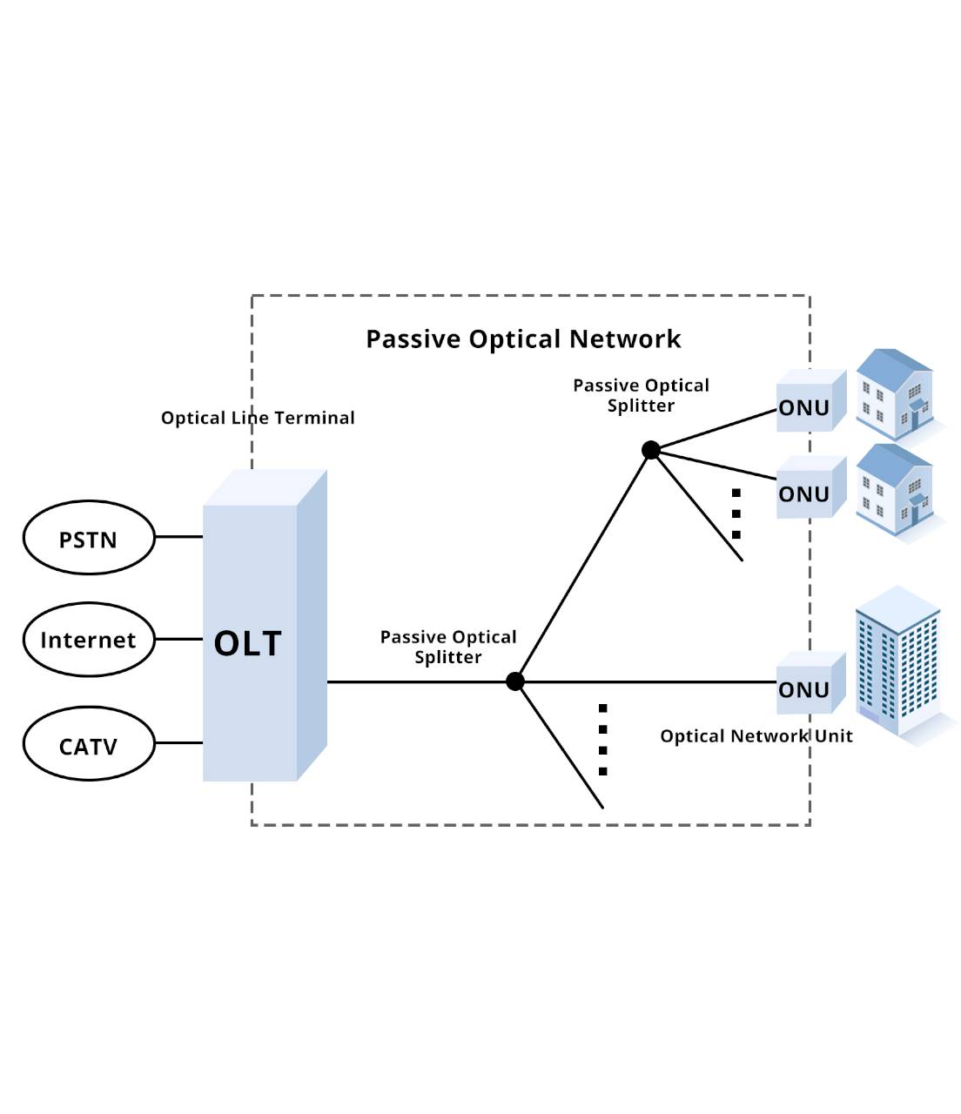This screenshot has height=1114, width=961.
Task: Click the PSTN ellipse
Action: (x=88, y=538)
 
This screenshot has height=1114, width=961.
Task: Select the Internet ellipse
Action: (x=88, y=640)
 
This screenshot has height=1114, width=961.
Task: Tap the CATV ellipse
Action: (x=88, y=745)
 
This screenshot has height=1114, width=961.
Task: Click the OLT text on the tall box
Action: (x=248, y=644)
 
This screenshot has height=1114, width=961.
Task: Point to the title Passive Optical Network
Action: (x=523, y=339)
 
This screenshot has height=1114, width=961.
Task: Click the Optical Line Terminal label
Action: (x=258, y=418)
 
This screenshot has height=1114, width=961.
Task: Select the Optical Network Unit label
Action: (x=756, y=736)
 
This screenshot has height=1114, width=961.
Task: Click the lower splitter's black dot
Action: (x=515, y=681)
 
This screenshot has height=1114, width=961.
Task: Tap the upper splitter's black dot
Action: (x=650, y=450)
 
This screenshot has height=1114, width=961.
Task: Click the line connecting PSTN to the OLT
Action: (x=178, y=537)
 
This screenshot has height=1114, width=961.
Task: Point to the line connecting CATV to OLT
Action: (x=178, y=742)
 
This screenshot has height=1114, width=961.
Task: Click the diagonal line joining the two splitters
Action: (x=583, y=566)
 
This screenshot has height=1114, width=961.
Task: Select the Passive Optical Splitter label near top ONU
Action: (x=641, y=395)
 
